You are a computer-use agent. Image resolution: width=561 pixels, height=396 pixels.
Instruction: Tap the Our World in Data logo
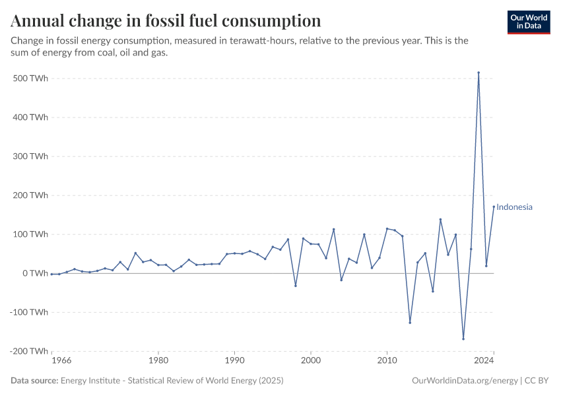coord(529,22)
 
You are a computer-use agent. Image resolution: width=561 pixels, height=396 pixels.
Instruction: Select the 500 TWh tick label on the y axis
coord(30,79)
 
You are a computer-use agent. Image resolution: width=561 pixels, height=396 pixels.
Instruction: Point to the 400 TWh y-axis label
coord(30,117)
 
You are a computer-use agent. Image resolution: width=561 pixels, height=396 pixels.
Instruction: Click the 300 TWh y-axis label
coord(30,156)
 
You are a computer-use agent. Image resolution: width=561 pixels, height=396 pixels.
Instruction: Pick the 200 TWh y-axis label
coord(30,195)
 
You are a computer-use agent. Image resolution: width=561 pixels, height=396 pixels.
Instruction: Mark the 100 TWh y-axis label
coord(30,234)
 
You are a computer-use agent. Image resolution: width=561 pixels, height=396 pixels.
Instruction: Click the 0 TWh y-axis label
coord(34,273)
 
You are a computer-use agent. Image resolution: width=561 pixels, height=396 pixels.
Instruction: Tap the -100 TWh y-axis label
coord(29,312)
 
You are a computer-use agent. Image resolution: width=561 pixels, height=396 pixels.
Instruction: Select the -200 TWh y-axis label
coord(29,351)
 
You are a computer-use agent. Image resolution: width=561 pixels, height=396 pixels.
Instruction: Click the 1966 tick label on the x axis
coord(61,361)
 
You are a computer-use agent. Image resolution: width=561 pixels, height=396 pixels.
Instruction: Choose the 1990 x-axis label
coord(234,361)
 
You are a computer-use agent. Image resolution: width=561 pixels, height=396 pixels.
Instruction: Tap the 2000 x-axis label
coord(311,361)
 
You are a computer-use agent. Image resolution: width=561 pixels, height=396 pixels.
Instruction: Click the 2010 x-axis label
coord(387,361)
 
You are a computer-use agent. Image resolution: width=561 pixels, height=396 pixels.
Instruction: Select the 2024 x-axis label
coord(484,361)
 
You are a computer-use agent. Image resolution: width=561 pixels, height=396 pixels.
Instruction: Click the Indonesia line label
coord(514,207)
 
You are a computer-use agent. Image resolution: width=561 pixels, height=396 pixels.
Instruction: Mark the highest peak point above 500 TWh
coord(478,73)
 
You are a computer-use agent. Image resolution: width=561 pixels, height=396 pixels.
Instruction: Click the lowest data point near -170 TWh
coord(463,339)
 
